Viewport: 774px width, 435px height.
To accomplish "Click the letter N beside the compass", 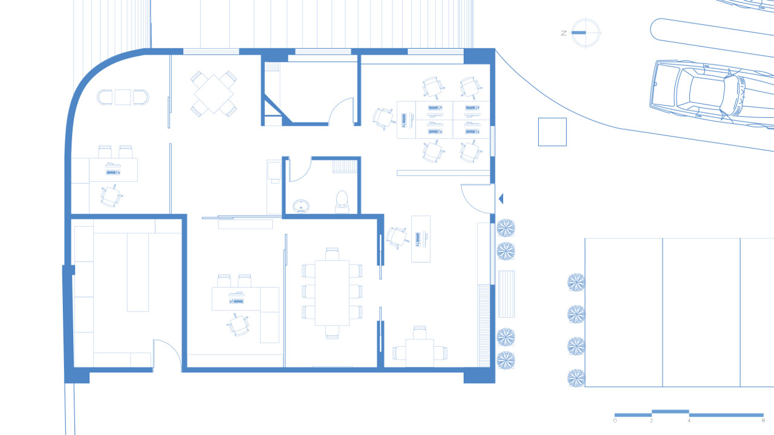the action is (564, 33).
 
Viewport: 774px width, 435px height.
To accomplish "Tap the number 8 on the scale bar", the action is (763, 420).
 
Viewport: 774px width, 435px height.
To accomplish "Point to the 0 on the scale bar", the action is (615, 420).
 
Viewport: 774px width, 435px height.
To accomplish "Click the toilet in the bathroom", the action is (342, 202).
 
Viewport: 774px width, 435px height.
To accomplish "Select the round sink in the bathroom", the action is (301, 206).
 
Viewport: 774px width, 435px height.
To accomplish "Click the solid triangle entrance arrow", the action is (501, 199).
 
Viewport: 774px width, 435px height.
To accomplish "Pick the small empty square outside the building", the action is (552, 132).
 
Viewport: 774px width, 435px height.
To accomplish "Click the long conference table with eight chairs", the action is (332, 293).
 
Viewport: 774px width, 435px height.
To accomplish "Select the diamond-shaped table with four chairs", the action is (213, 94).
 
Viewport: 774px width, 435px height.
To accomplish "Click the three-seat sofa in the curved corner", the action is (123, 97).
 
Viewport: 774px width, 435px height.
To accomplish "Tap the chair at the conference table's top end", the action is (332, 254).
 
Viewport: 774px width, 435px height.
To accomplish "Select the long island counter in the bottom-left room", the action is (138, 272).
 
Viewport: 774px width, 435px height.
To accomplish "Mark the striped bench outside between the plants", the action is (507, 294).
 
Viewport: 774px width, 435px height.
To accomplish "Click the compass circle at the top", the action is (586, 33).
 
